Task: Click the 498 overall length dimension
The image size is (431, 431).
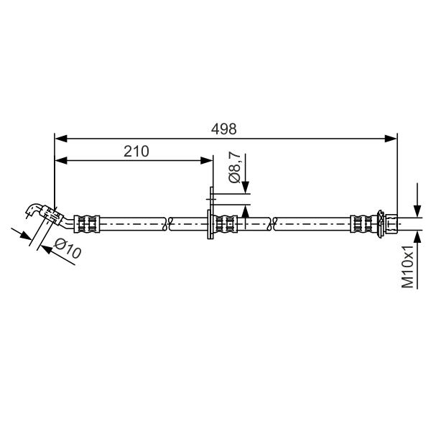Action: coord(223,129)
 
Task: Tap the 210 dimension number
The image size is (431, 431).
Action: coord(136,151)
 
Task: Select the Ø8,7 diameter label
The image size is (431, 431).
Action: coord(235,169)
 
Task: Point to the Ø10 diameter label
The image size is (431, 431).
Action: coord(68,249)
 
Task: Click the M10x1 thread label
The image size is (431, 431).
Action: coord(407,267)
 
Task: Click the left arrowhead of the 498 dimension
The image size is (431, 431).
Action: coord(61,139)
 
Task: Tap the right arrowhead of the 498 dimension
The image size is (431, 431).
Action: coord(391,139)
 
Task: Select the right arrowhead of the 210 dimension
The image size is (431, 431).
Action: coord(207,160)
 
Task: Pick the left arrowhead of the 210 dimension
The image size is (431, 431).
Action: coord(61,160)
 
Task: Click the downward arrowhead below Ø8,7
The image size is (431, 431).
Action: coord(246,187)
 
